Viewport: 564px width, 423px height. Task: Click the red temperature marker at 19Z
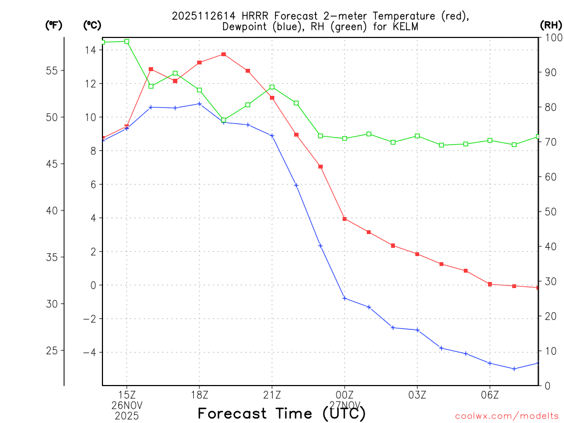click(224, 54)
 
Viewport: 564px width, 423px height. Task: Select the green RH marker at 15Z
click(127, 41)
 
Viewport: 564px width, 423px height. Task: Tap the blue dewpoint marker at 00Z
click(345, 299)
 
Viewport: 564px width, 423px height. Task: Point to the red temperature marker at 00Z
click(345, 219)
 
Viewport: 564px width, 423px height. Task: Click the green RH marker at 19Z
click(224, 120)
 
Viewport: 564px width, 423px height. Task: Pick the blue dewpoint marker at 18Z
click(199, 104)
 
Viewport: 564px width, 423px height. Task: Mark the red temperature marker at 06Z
click(490, 284)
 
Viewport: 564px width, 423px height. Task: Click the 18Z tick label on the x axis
click(199, 395)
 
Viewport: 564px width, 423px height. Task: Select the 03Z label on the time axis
click(417, 395)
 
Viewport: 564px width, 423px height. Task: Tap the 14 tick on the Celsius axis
click(90, 50)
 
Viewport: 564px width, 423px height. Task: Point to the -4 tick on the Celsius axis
click(88, 352)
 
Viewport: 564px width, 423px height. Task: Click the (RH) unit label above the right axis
click(551, 25)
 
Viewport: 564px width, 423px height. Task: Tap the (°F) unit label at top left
click(53, 25)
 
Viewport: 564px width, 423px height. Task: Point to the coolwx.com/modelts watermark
click(507, 415)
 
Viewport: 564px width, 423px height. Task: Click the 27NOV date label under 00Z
click(345, 405)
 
